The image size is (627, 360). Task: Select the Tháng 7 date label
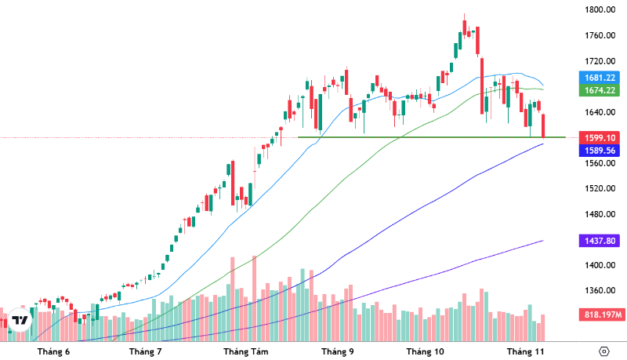point(145,351)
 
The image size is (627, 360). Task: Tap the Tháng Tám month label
point(246,351)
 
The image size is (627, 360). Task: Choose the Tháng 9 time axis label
point(338,351)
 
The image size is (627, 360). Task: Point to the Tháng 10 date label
point(426,351)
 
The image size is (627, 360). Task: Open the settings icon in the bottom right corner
point(603,351)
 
